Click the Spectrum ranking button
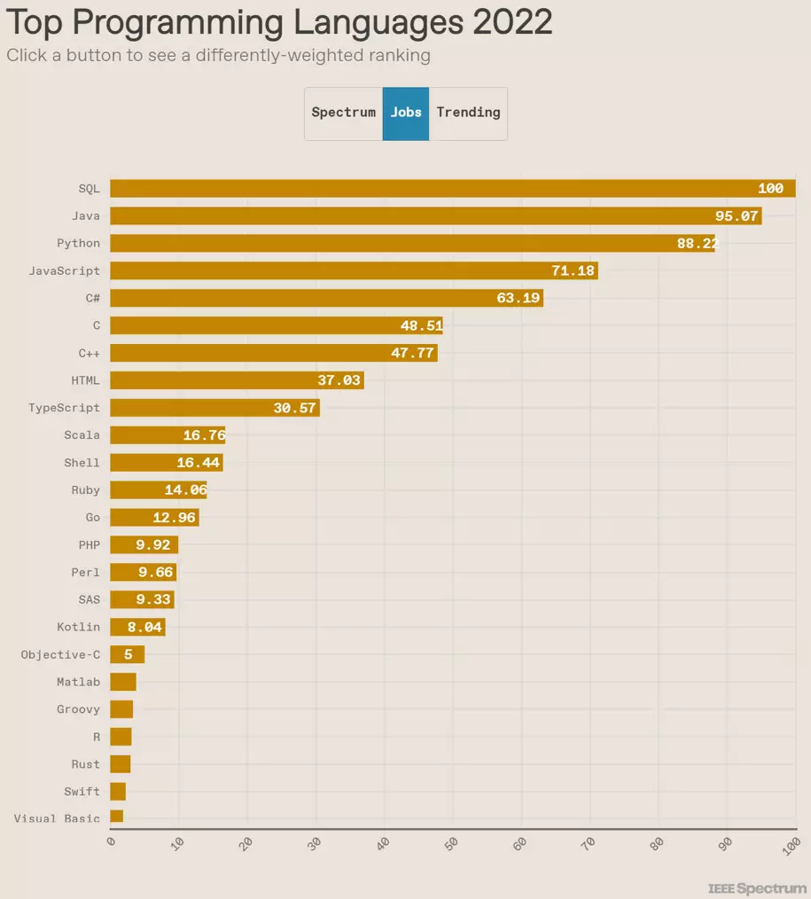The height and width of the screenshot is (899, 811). pyautogui.click(x=344, y=113)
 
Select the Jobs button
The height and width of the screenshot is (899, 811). pyautogui.click(x=406, y=113)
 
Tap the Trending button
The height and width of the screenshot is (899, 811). pyautogui.click(x=468, y=113)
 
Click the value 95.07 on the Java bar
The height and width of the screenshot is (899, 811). pyautogui.click(x=737, y=216)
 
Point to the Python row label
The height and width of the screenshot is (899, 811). pyautogui.click(x=78, y=243)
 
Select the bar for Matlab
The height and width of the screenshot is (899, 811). pyautogui.click(x=122, y=682)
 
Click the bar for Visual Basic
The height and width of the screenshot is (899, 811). pyautogui.click(x=116, y=817)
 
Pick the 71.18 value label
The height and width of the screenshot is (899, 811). pyautogui.click(x=573, y=270)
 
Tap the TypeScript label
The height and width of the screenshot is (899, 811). pyautogui.click(x=64, y=408)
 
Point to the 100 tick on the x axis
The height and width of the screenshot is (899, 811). pyautogui.click(x=792, y=845)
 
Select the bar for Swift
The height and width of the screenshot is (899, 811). pyautogui.click(x=118, y=791)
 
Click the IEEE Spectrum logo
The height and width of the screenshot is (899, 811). pyautogui.click(x=758, y=888)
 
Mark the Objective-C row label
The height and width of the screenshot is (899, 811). pyautogui.click(x=60, y=654)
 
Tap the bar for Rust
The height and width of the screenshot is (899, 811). pyautogui.click(x=120, y=763)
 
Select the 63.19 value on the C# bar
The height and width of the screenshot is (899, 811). pyautogui.click(x=518, y=298)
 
